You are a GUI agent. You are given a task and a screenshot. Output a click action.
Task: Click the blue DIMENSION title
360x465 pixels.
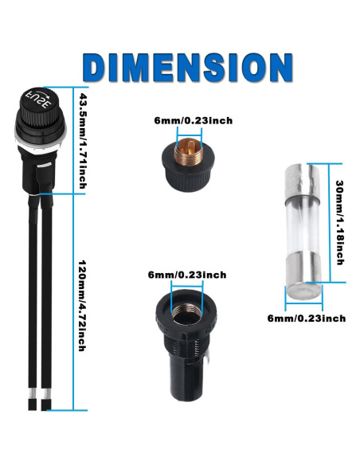point(187,68)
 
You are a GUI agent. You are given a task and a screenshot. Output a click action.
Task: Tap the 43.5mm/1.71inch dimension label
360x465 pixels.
point(83,141)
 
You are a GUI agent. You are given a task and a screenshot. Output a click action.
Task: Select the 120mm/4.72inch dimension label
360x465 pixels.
point(82,306)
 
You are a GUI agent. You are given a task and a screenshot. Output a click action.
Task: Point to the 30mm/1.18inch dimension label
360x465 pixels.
point(339,222)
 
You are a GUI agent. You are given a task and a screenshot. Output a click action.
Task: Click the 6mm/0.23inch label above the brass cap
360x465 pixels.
point(194,121)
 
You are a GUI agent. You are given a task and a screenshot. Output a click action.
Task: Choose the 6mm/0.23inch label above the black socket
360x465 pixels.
point(187,275)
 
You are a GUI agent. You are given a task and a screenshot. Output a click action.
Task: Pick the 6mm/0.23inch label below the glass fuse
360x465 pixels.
point(307,318)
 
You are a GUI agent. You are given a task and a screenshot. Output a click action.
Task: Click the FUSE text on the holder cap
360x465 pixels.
point(39,100)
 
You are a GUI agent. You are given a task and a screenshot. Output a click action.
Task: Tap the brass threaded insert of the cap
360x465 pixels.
point(189,151)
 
